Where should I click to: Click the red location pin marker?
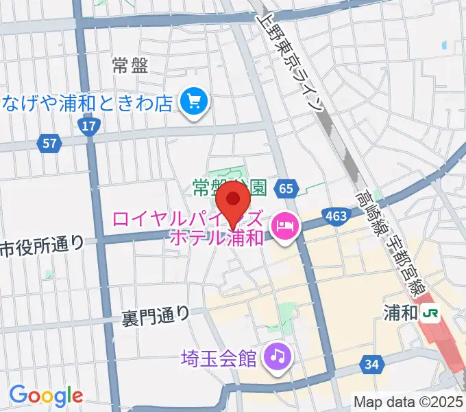point(235,201)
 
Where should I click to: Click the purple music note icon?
point(278,356)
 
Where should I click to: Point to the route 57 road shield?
point(49,144)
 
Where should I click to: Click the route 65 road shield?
point(286,187)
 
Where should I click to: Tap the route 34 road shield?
point(371,365)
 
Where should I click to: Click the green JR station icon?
point(431,313)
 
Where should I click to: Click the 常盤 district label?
point(130,66)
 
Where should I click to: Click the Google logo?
point(46,395)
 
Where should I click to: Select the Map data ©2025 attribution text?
point(408,401)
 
